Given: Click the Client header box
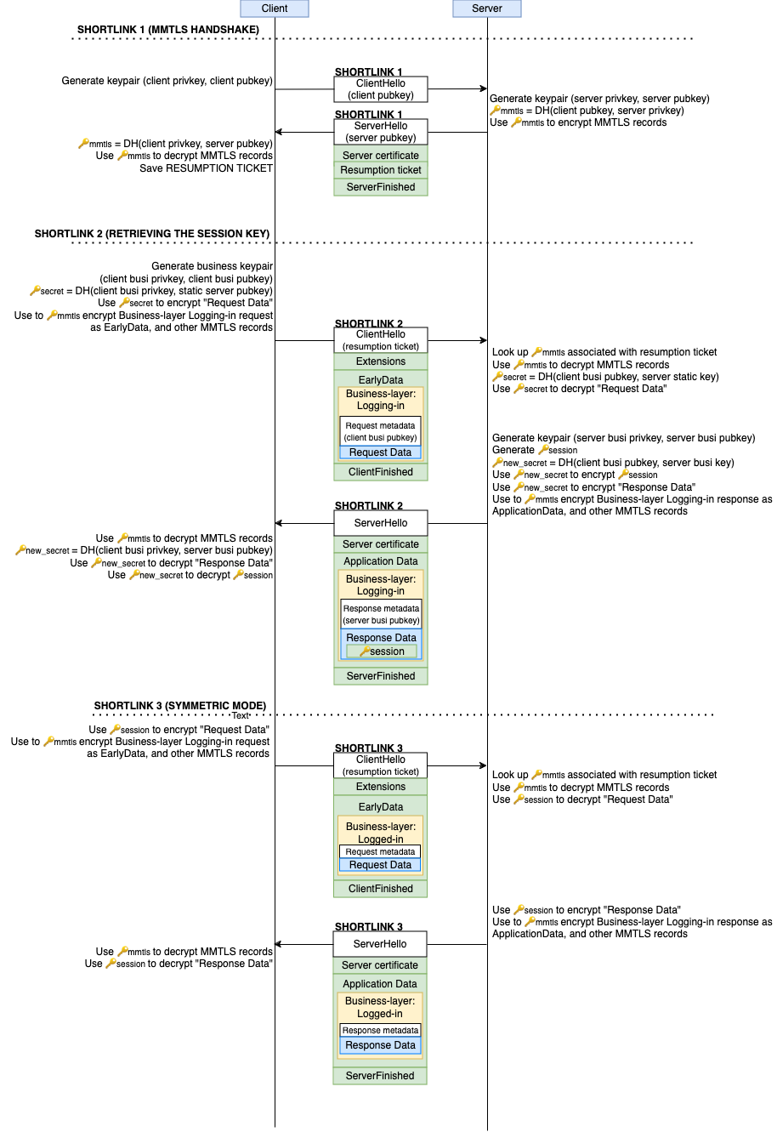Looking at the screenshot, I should [274, 9].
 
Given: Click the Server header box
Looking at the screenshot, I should [486, 9].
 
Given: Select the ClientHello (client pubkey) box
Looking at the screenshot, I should [381, 89].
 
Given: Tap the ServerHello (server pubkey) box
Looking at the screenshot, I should [381, 132].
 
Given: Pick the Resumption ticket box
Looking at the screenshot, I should [381, 170].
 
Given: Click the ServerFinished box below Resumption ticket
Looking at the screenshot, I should [381, 187].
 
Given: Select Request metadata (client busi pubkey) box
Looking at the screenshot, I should [381, 431].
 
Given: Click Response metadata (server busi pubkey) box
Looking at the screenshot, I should [381, 614].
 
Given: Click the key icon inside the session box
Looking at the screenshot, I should [365, 651].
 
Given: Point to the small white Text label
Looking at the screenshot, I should [240, 716].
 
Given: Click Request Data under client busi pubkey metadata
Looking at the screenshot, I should [381, 452].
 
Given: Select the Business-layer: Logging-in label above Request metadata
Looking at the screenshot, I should [381, 400].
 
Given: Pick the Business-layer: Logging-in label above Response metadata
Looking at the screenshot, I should [381, 585].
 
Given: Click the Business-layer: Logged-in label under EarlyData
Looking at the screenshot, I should [381, 833].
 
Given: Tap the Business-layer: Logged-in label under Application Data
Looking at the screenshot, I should [380, 1007].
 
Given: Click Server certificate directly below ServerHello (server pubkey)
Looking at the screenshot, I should [381, 156].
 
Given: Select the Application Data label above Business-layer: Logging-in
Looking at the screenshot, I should [381, 561].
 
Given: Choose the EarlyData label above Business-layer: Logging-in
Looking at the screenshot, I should [381, 380].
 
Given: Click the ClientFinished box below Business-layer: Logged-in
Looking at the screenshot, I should [381, 889].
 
